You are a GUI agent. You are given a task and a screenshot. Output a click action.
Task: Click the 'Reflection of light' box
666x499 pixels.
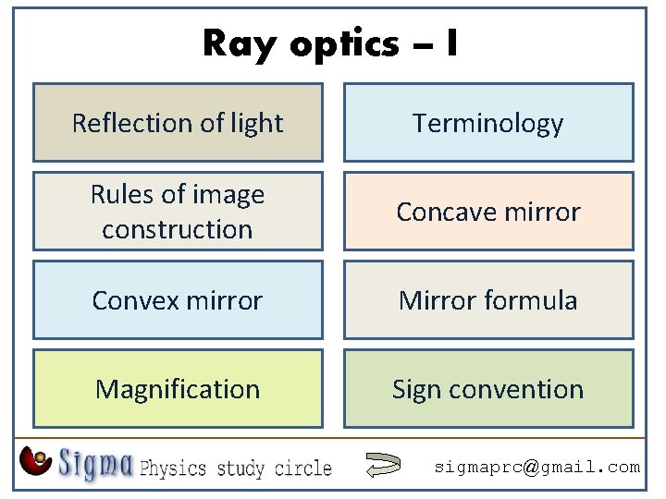click(x=178, y=123)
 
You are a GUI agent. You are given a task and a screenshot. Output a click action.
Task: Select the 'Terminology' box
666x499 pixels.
click(x=488, y=123)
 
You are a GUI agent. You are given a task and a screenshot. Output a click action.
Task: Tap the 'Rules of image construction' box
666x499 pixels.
click(x=178, y=212)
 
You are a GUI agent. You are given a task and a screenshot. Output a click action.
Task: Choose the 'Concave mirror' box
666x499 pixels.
click(x=488, y=212)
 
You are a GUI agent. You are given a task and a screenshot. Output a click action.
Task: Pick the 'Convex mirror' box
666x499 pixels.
click(x=178, y=300)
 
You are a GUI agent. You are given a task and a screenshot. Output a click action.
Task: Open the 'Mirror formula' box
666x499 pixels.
click(x=488, y=300)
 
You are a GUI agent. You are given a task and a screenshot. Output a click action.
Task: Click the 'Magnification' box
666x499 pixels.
click(x=178, y=389)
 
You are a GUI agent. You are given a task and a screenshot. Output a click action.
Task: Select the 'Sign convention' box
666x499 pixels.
click(x=488, y=389)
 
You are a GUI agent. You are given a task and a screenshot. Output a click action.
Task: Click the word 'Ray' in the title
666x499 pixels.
click(x=234, y=43)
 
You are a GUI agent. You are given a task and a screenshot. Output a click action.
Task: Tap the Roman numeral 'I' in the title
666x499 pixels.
click(x=450, y=43)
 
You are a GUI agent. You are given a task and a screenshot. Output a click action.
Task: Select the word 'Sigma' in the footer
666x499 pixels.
click(x=96, y=463)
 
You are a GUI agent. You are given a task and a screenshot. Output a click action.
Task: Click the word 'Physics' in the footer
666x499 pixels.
click(x=175, y=468)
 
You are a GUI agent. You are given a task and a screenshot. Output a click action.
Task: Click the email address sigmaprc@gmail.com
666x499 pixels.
click(x=537, y=468)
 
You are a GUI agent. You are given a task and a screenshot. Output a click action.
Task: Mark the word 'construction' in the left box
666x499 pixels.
click(x=178, y=229)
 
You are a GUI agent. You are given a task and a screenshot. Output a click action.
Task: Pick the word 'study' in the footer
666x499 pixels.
click(x=242, y=468)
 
